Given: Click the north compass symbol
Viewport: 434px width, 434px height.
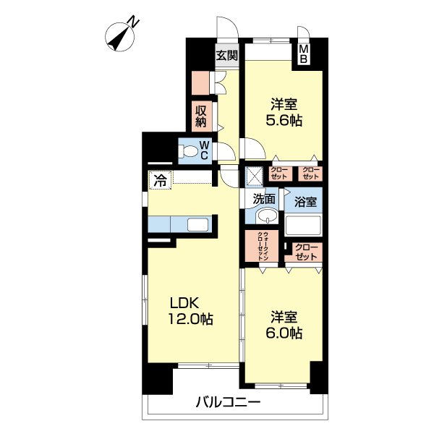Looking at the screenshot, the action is tap(119, 37).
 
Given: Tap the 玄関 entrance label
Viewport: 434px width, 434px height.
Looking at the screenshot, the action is tap(227, 56).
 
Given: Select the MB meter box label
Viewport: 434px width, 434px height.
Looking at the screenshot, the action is tap(303, 54).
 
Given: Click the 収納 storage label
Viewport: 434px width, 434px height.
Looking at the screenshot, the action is tap(201, 116).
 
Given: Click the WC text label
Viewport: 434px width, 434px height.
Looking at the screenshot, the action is tap(204, 150).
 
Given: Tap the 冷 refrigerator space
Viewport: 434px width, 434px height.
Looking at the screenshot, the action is tap(161, 180).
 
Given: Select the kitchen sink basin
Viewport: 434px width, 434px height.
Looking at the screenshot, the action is tap(197, 224).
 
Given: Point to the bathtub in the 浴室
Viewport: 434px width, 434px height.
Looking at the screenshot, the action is tap(303, 225).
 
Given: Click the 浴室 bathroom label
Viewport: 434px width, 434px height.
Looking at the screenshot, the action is tap(305, 202).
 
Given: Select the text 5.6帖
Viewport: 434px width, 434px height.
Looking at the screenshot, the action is tap(284, 120).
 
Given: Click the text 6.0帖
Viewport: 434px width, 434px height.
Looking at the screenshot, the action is tap(284, 333).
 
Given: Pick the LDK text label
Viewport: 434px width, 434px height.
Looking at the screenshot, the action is tap(184, 303).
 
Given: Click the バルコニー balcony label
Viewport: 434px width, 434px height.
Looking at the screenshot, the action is tap(228, 401).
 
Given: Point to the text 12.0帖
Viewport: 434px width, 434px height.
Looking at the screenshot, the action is tap(190, 319).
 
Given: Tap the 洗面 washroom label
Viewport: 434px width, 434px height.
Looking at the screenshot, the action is tap(264, 199).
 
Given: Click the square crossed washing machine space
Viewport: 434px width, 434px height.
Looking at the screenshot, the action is tap(255, 176).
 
